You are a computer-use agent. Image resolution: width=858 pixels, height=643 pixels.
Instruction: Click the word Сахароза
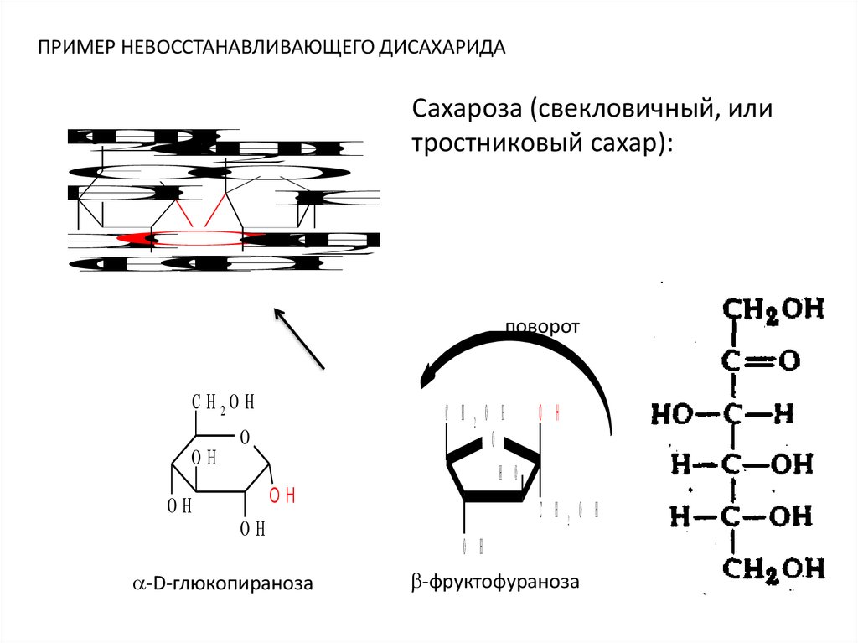tap(464, 110)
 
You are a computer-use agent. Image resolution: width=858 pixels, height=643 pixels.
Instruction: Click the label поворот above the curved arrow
tap(541, 326)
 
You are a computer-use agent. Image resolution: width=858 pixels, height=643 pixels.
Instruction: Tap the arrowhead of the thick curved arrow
tap(429, 374)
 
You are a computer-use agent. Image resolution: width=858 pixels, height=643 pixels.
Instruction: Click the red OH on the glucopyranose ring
tap(282, 494)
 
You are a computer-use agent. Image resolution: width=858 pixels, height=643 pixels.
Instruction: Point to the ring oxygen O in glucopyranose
tap(245, 437)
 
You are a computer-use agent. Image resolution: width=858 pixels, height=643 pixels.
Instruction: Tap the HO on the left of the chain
tap(672, 413)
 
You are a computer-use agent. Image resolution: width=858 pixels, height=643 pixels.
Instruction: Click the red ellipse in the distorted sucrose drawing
tap(194, 238)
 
